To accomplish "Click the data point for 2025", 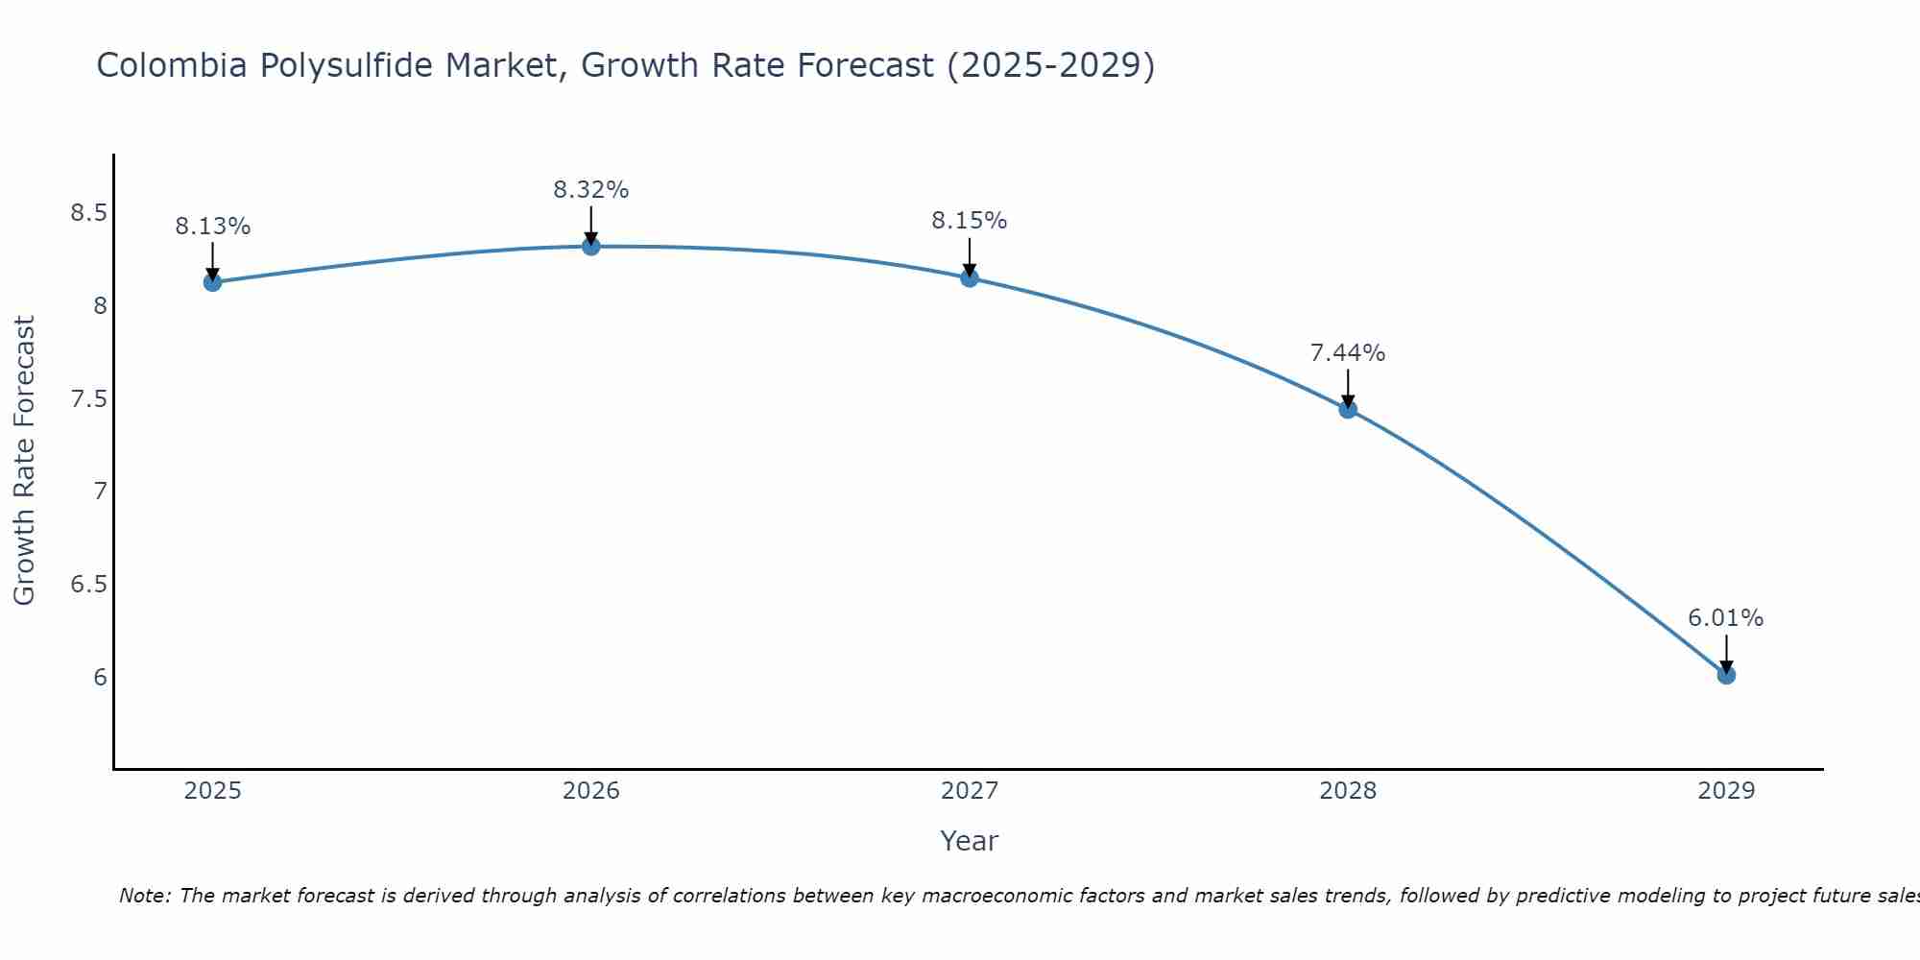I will pos(212,282).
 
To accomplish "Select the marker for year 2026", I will pos(590,247).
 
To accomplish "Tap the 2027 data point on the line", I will pos(969,278).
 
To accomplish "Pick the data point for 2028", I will pos(1347,410).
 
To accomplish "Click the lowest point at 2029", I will pos(1725,676).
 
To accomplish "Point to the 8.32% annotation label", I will pos(590,190).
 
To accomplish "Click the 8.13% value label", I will pos(212,227).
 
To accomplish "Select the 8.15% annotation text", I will pos(969,221).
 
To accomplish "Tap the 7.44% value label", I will pos(1347,353).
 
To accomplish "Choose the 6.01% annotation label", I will pos(1725,618).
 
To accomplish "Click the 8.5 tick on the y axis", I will pos(88,213).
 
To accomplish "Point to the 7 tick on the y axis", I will pos(100,492).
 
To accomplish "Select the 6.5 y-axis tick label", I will pos(88,585).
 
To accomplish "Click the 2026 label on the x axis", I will pos(590,791).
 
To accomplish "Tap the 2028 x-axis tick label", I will pos(1347,791).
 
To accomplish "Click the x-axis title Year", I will pos(969,841).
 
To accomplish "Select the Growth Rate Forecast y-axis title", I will pos(24,461).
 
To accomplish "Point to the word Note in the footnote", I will pos(144,896).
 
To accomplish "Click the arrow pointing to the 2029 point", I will pos(1725,653).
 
